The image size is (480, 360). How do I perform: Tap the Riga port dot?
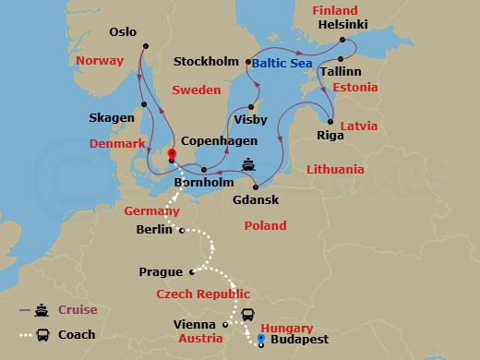coord(331,120)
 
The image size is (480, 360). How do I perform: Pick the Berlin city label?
coord(153,230)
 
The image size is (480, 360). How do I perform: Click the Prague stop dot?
coord(191,271)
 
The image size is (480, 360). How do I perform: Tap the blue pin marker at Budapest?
coord(261,340)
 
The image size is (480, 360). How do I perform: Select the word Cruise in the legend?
coord(78,310)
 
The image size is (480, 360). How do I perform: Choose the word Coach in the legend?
coord(78,335)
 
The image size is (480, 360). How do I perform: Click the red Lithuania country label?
coord(334,170)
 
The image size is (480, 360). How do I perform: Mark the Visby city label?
coord(250,120)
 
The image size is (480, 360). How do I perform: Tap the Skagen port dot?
coord(146,104)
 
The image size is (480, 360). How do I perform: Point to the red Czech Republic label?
coord(203,294)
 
